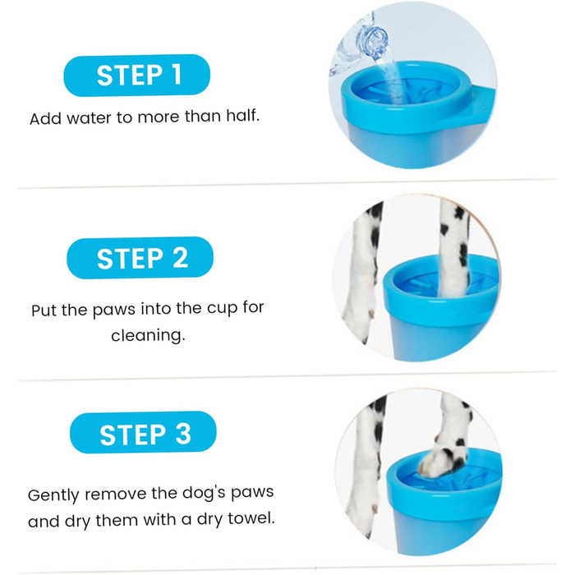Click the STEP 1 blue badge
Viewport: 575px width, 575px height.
(x=137, y=76)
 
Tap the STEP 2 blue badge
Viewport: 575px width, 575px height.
(x=140, y=258)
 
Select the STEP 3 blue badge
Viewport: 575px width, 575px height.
(x=143, y=433)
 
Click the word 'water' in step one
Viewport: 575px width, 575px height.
(x=89, y=118)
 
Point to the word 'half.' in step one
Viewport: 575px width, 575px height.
(x=243, y=116)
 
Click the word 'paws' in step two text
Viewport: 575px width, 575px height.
(x=113, y=310)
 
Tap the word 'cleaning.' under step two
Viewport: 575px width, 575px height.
(x=148, y=335)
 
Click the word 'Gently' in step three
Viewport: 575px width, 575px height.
(x=54, y=495)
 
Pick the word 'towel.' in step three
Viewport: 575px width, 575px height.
(x=251, y=518)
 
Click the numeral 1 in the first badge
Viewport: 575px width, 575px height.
(x=177, y=75)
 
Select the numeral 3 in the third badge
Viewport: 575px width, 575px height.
(x=183, y=434)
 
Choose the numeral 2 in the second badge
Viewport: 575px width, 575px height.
(x=180, y=259)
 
